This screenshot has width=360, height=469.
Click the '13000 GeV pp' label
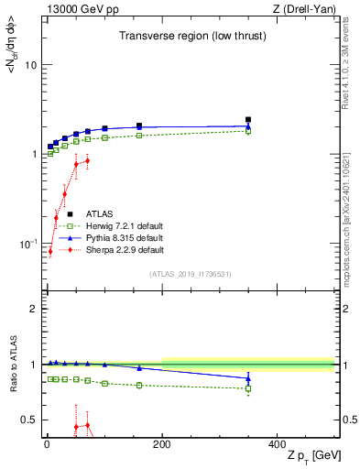click(74, 9)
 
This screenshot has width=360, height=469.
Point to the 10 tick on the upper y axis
click(30, 65)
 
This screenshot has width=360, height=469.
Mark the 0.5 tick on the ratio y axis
click(28, 420)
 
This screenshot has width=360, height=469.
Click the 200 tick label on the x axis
click(161, 444)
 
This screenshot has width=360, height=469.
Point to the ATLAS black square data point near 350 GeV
click(247, 120)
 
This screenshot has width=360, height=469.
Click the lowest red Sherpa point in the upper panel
click(50, 251)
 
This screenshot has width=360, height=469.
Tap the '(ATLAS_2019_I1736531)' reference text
click(191, 274)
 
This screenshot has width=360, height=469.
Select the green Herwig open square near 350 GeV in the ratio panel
click(247, 388)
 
